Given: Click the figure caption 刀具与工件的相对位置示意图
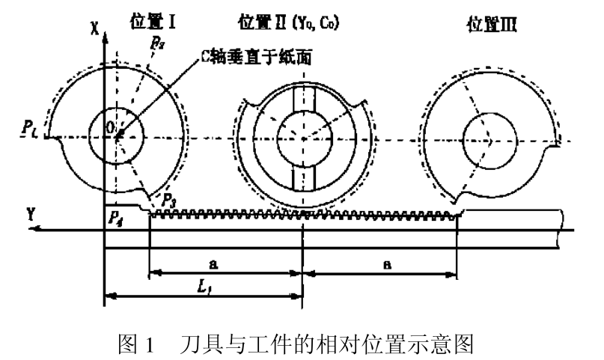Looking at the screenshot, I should pyautogui.click(x=329, y=344).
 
